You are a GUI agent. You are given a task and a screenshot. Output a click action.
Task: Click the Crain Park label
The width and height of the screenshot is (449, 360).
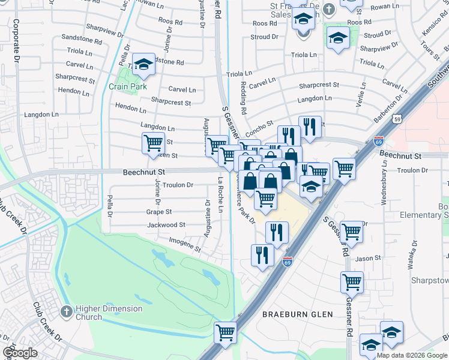point(128,86)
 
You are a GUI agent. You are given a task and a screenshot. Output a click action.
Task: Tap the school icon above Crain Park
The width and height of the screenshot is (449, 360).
point(143,64)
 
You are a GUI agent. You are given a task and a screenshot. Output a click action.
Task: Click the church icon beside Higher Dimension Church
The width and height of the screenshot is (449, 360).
point(68,312)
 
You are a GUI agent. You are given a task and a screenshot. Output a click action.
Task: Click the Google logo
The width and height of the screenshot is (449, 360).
point(20,353)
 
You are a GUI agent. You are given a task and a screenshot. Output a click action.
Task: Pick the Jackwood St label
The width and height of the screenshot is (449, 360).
point(166,225)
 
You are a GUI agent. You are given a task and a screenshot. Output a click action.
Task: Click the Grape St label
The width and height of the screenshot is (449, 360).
point(159,212)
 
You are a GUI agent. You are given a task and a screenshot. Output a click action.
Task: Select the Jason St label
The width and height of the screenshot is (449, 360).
point(369,259)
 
